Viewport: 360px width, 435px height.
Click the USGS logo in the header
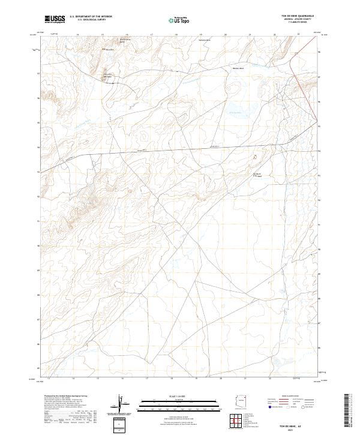(55, 20)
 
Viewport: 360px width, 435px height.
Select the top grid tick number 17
(152, 35)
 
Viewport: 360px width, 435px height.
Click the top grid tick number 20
(225, 35)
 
